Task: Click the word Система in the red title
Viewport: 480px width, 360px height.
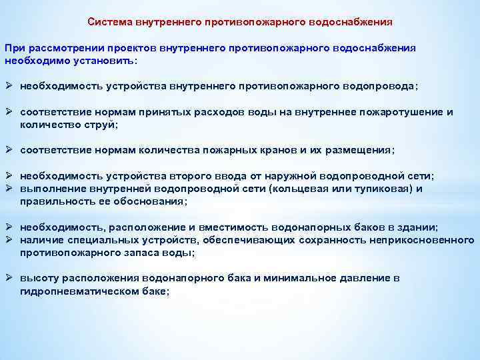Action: click(109, 21)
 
